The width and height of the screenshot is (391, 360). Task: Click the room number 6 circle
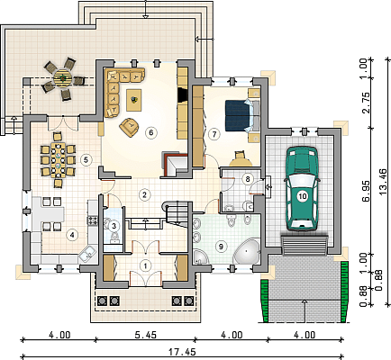(x=151, y=132)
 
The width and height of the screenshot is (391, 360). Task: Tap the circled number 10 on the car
(x=303, y=196)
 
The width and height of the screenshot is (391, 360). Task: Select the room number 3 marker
(x=114, y=226)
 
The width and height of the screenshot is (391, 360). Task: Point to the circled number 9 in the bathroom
(x=222, y=247)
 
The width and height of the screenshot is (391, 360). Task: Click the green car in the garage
(x=302, y=189)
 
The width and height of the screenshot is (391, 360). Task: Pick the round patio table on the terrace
(x=63, y=78)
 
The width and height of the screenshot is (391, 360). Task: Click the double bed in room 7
(x=242, y=115)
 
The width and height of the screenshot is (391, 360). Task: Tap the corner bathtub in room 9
(x=247, y=252)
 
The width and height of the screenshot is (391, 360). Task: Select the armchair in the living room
(x=130, y=126)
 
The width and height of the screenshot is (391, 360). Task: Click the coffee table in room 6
(x=134, y=100)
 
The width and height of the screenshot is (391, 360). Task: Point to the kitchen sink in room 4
(x=87, y=255)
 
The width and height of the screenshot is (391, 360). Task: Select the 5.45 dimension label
(x=145, y=335)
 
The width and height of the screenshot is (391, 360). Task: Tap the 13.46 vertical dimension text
(x=385, y=182)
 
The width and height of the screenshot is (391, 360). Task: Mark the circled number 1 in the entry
(x=146, y=265)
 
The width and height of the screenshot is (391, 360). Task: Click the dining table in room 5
(x=59, y=160)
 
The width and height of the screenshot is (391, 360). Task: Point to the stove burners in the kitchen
(x=93, y=220)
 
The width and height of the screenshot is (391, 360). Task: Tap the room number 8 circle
(x=248, y=179)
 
